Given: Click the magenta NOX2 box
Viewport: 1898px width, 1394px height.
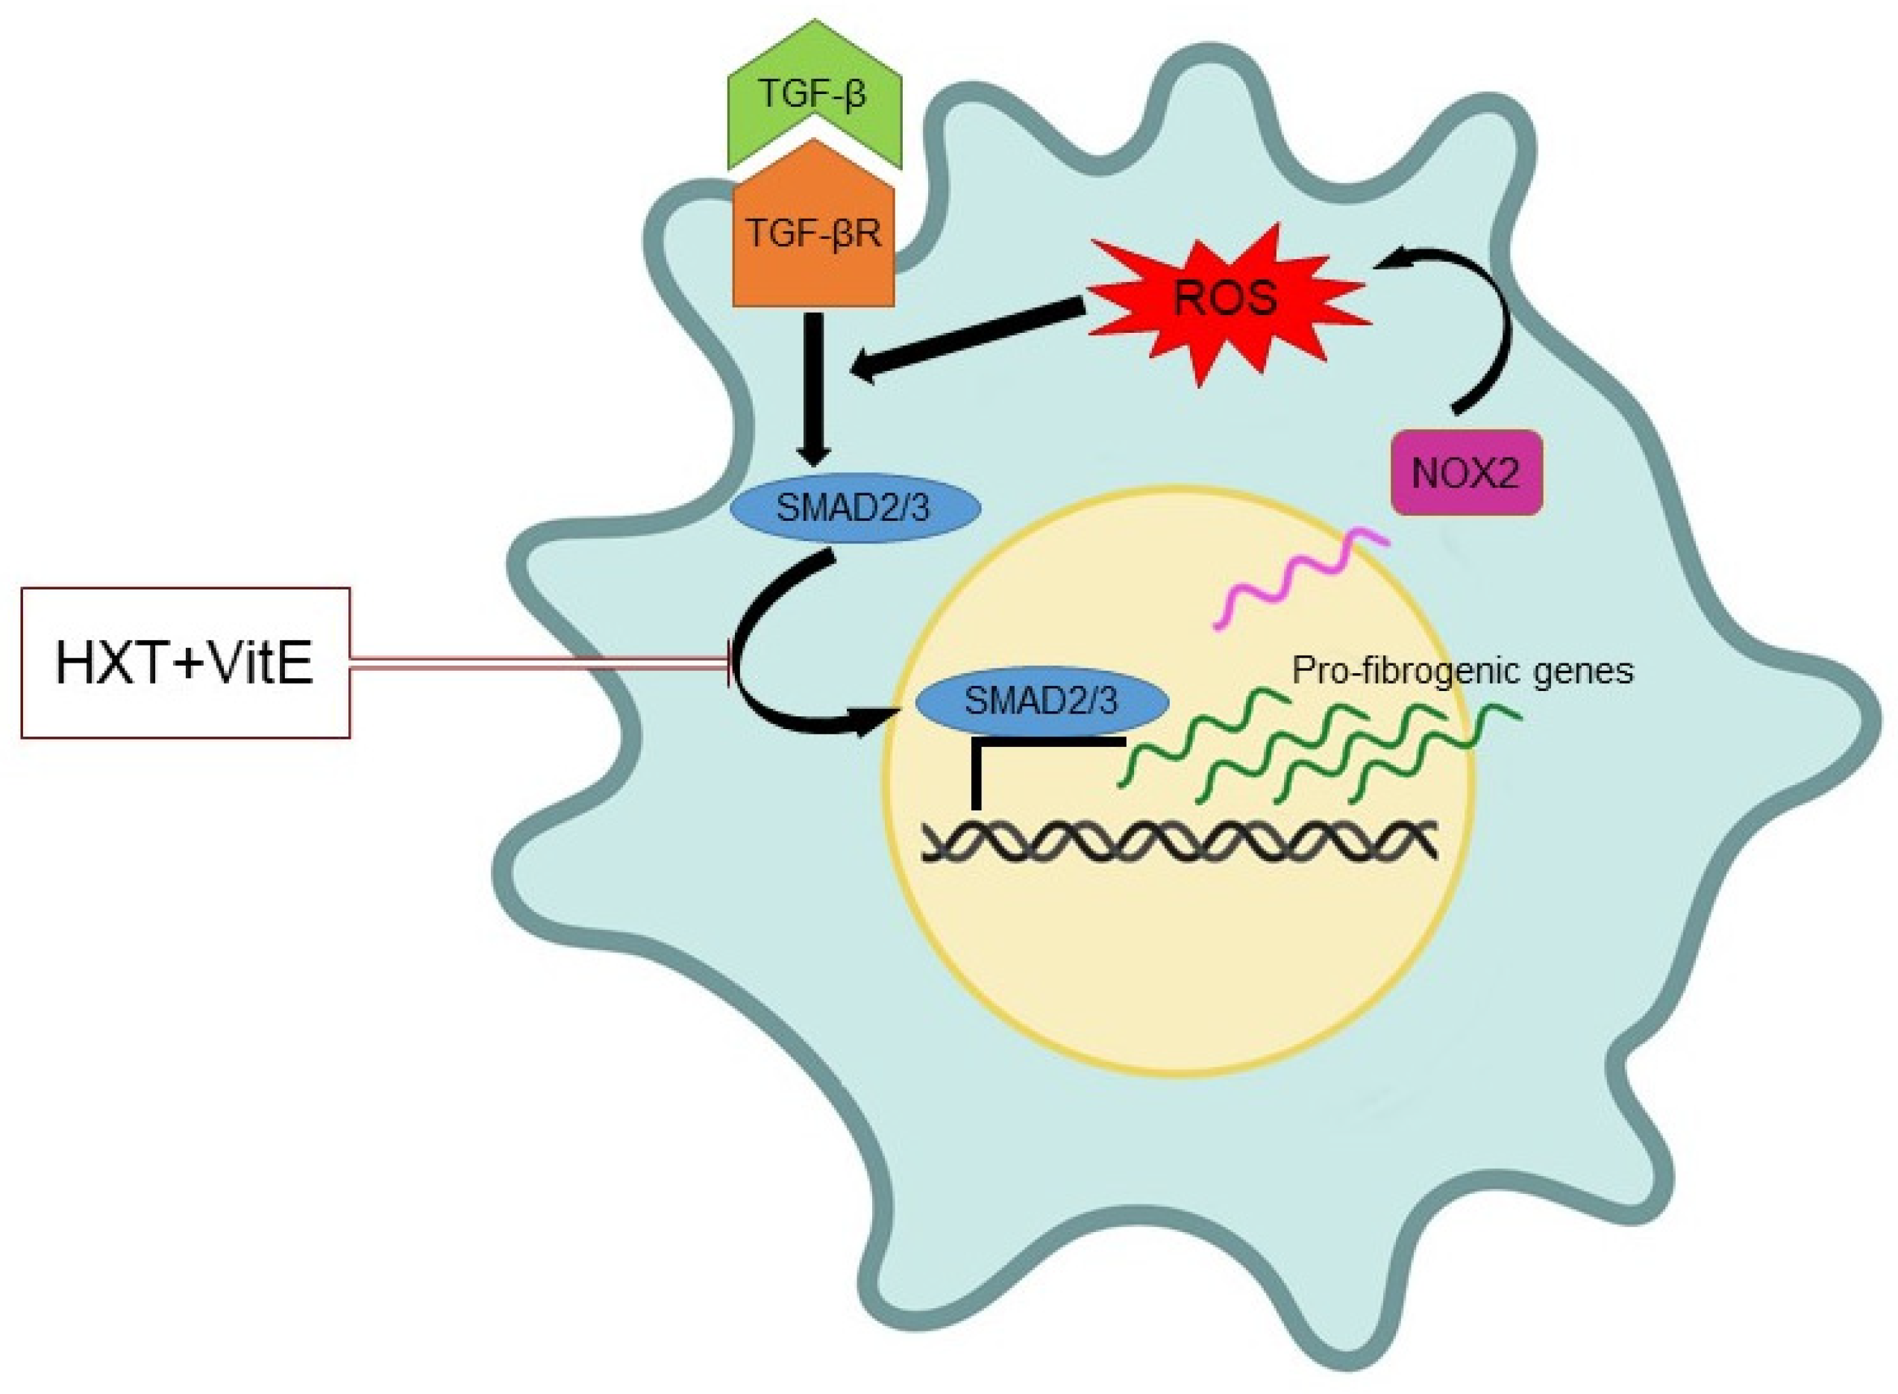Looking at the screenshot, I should click(1465, 473).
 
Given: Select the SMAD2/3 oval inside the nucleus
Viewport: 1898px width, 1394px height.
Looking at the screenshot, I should click(1041, 702).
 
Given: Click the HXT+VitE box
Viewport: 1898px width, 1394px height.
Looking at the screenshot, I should click(185, 663).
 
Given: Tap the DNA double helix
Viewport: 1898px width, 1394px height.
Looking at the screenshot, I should click(1181, 841).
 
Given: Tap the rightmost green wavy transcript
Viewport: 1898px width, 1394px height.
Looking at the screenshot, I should click(1434, 755).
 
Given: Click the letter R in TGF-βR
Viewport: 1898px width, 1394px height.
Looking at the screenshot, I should click(866, 234).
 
